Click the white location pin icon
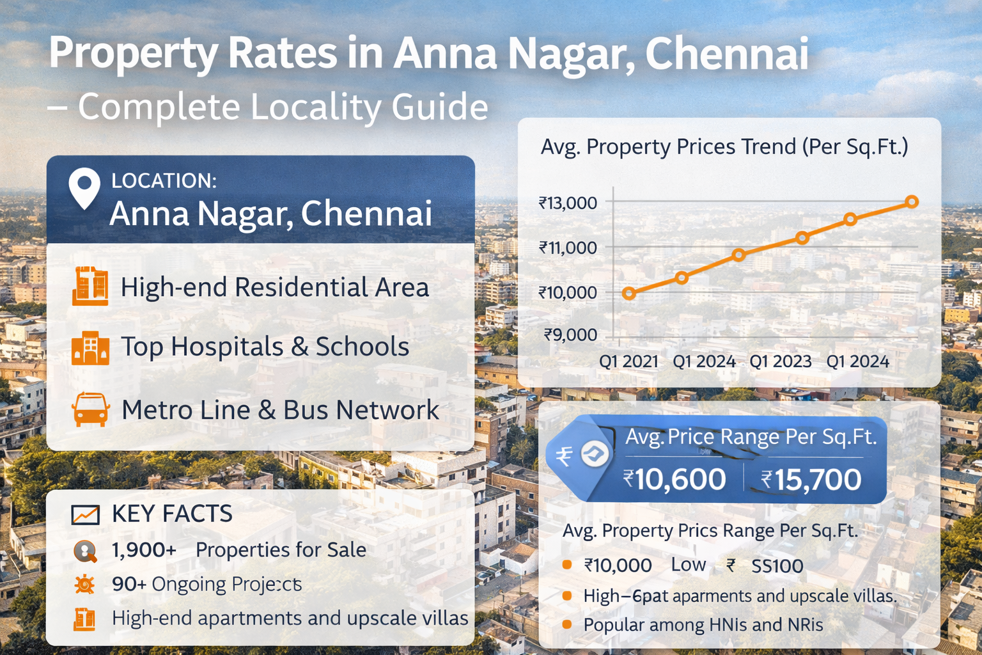[84, 187]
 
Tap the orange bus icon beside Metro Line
[90, 409]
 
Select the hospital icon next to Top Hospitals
[90, 348]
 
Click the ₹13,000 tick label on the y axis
[568, 203]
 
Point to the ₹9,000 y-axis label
[570, 335]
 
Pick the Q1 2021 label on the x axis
[628, 361]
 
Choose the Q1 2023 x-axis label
[780, 361]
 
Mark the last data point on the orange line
[912, 202]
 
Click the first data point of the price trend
[629, 294]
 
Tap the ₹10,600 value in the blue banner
[674, 480]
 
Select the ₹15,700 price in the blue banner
[811, 480]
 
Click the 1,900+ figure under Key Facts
[144, 550]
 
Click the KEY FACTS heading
[172, 514]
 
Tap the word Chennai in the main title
[727, 54]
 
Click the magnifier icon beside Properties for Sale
[85, 551]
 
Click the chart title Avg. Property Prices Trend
[724, 147]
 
